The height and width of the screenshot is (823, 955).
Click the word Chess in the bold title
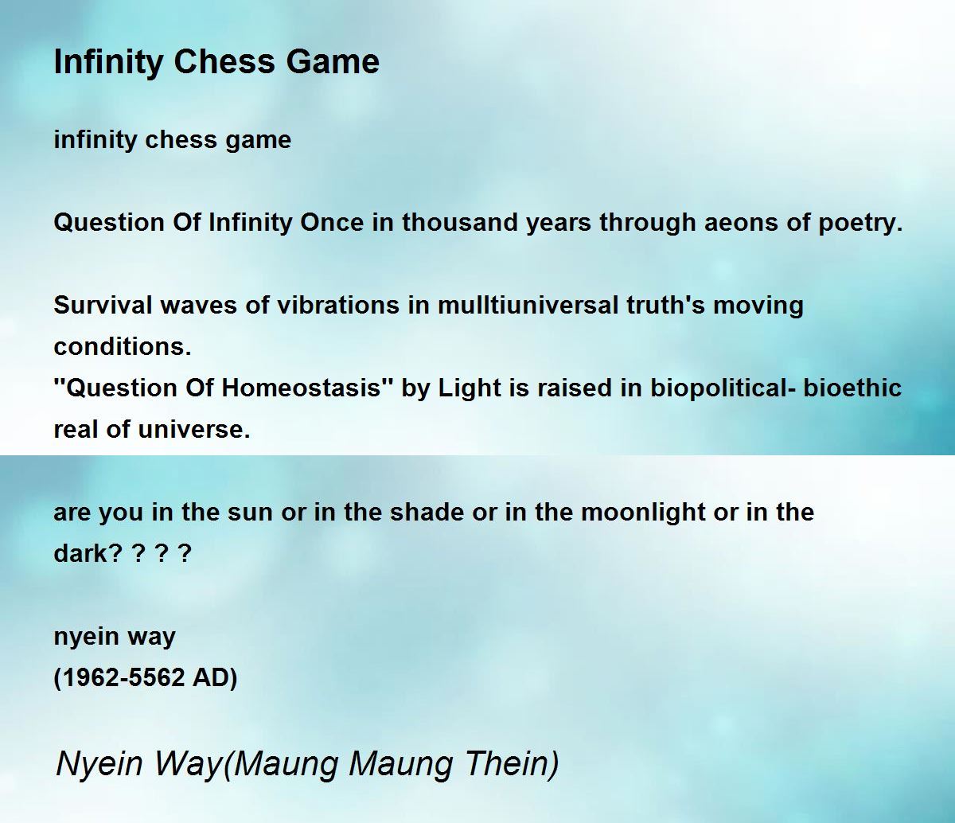(224, 61)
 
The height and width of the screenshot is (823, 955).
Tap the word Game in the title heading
(333, 61)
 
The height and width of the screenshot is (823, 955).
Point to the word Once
(332, 222)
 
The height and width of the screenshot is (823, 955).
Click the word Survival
(103, 306)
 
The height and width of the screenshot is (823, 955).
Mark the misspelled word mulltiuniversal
(528, 306)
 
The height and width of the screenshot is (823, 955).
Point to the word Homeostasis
(301, 388)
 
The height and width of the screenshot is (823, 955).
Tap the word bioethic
(852, 388)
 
